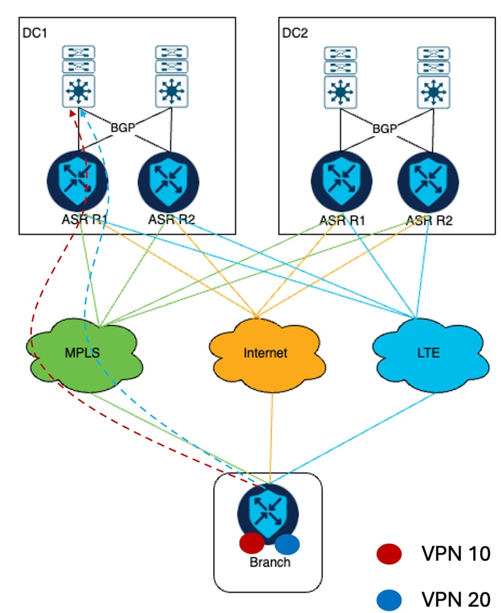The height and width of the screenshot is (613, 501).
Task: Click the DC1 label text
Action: [35, 33]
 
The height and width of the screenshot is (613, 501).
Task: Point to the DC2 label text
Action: [295, 33]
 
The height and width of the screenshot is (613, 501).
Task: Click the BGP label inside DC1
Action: [123, 127]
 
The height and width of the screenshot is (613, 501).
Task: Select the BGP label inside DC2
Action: [384, 128]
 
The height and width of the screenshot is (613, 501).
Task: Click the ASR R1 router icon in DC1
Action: [77, 181]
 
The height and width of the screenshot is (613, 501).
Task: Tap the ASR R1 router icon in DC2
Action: [341, 181]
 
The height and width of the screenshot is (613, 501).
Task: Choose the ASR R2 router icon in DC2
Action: [429, 182]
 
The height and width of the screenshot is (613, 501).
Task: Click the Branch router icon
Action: [268, 513]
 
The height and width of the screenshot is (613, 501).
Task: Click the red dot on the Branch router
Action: [252, 543]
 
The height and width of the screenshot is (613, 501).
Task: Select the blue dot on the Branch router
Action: [287, 544]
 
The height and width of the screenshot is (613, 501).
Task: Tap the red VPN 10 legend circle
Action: [389, 553]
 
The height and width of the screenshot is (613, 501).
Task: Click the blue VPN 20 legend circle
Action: [389, 599]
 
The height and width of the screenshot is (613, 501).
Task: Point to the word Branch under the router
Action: [270, 562]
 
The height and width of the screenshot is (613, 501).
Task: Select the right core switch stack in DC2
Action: [433, 77]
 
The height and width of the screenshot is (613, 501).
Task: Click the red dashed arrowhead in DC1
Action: [72, 112]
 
